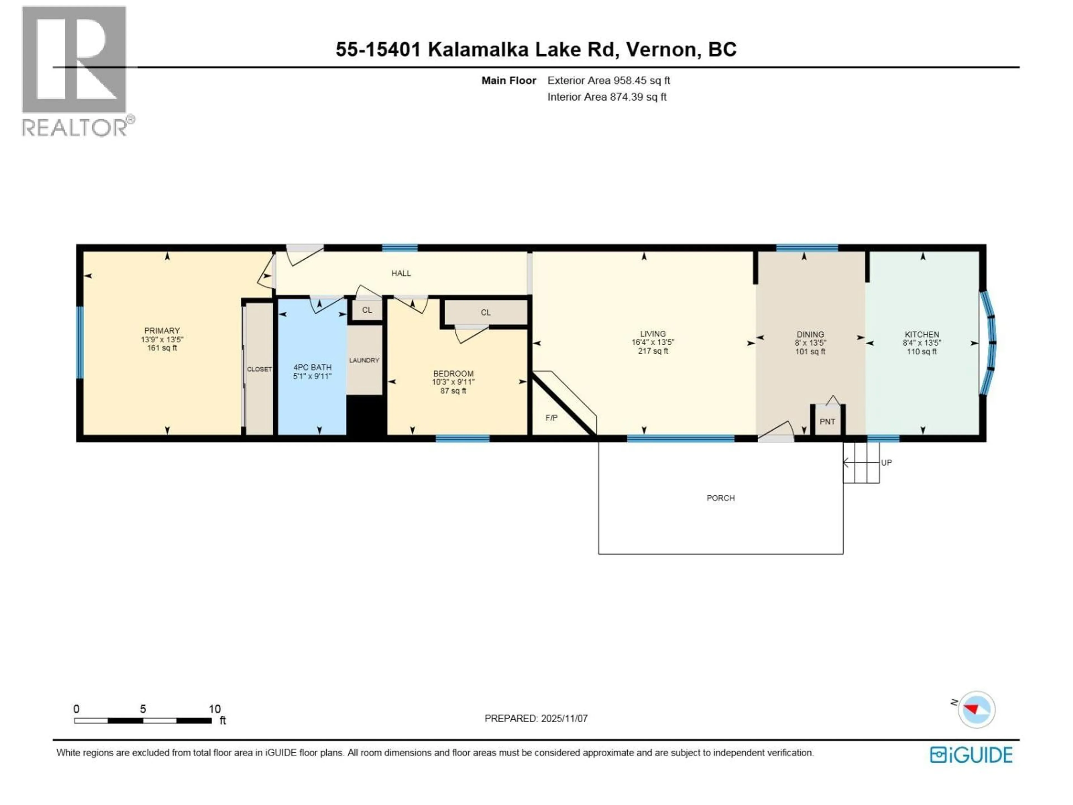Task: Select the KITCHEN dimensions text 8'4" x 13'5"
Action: (x=921, y=343)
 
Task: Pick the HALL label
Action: (x=401, y=273)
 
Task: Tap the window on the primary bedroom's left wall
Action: (x=80, y=342)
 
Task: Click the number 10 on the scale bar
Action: (x=214, y=709)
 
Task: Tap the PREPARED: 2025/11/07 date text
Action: (x=536, y=718)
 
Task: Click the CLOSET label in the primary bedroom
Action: (x=259, y=369)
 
